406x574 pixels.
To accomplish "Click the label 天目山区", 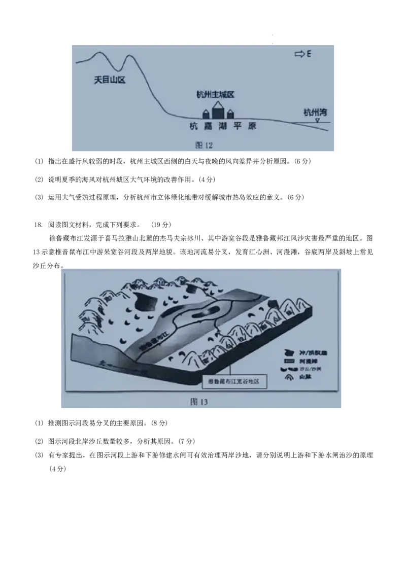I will (x=110, y=80).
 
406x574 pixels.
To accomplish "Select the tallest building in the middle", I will (x=218, y=111).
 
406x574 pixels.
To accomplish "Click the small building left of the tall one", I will (x=206, y=114).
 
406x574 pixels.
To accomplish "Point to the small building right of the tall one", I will (x=230, y=114).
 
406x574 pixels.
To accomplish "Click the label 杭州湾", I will (x=315, y=113).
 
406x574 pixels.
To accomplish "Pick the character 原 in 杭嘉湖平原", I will (x=252, y=126).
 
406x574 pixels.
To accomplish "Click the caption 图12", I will (x=204, y=145).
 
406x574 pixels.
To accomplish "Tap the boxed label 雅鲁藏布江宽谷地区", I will (x=234, y=382).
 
